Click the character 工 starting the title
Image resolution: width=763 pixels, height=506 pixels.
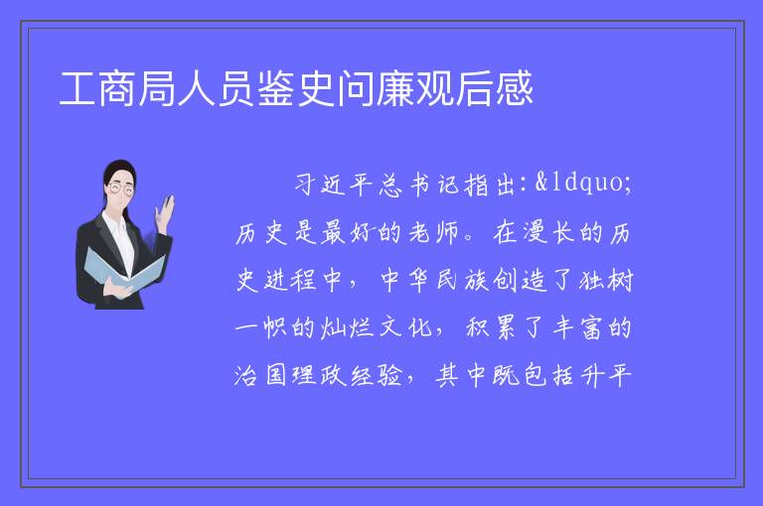77,89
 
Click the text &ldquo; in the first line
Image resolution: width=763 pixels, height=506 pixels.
583,183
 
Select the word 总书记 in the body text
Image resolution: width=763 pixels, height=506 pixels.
419,185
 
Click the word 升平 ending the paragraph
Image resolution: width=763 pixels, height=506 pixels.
604,375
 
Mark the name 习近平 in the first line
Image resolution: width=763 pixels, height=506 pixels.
334,185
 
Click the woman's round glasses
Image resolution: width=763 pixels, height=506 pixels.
120,189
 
